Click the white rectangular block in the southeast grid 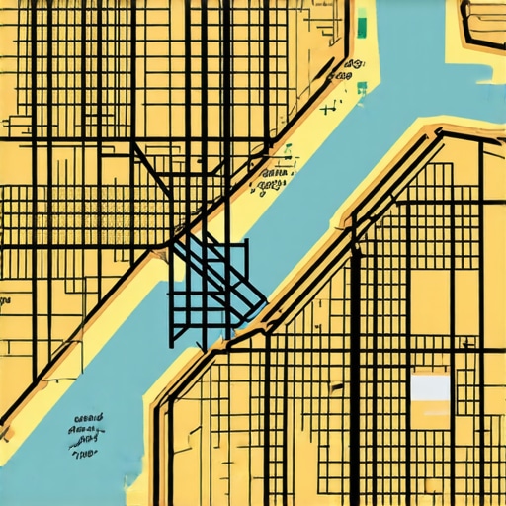[x=429, y=387]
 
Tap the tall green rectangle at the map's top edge [x=362, y=22]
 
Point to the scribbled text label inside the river [x=87, y=435]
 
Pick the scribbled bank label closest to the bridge [x=273, y=179]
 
